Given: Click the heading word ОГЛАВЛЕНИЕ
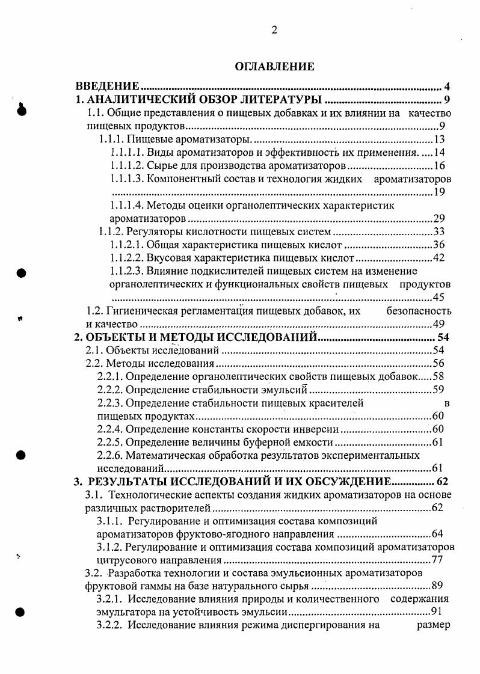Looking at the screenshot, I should click(x=274, y=67).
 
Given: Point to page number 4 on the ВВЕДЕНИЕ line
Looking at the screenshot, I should click(x=447, y=86).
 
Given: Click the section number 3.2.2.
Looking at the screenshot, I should click(x=110, y=625).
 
